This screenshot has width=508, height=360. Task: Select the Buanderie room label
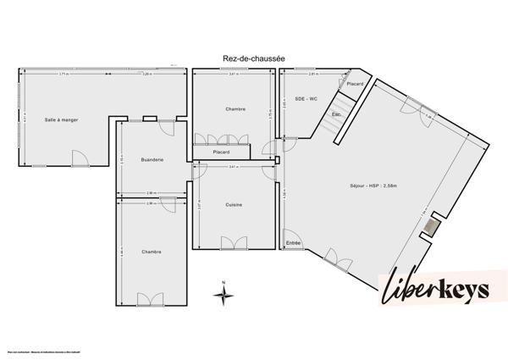coord(152,159)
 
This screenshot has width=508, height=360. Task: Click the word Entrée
coord(293,243)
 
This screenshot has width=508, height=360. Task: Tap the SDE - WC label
coord(306,99)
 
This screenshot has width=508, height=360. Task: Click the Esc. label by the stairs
coord(336,115)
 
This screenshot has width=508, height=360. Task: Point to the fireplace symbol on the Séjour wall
coord(433,226)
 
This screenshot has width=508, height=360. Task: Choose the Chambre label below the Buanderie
coord(152,252)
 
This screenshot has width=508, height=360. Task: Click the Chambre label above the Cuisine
coord(235,109)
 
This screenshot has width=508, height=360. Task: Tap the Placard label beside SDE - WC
coord(355,84)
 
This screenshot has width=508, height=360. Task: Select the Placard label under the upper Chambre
coord(221,152)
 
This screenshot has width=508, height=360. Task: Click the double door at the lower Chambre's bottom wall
coord(151,299)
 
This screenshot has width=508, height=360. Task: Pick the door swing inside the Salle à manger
coord(79,158)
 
